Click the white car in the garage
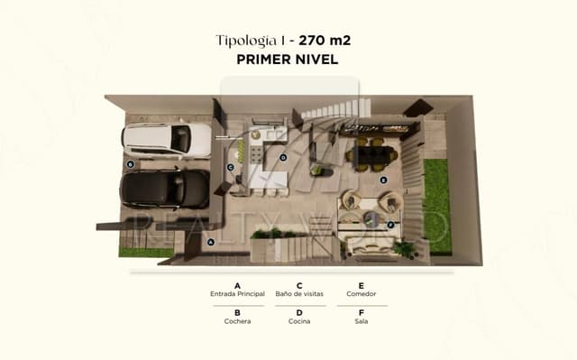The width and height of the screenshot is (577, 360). [167, 139]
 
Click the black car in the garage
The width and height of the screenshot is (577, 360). [165, 189]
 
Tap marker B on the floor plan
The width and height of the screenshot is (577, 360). [131, 164]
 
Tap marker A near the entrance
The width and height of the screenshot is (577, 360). [211, 241]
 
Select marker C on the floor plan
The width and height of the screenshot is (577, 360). [231, 167]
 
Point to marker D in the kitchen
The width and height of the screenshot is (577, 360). [282, 157]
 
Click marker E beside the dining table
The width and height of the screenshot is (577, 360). [383, 180]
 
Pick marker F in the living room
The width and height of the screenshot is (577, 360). [389, 224]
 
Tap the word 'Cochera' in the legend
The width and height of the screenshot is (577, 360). [237, 321]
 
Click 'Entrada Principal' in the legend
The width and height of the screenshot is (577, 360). [237, 294]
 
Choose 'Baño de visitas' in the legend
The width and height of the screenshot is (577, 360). [300, 294]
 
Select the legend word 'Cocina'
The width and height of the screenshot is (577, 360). [300, 321]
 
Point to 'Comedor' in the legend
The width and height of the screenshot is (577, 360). [361, 294]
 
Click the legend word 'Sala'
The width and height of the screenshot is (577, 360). [361, 321]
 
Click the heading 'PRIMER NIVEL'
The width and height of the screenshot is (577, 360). [288, 60]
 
